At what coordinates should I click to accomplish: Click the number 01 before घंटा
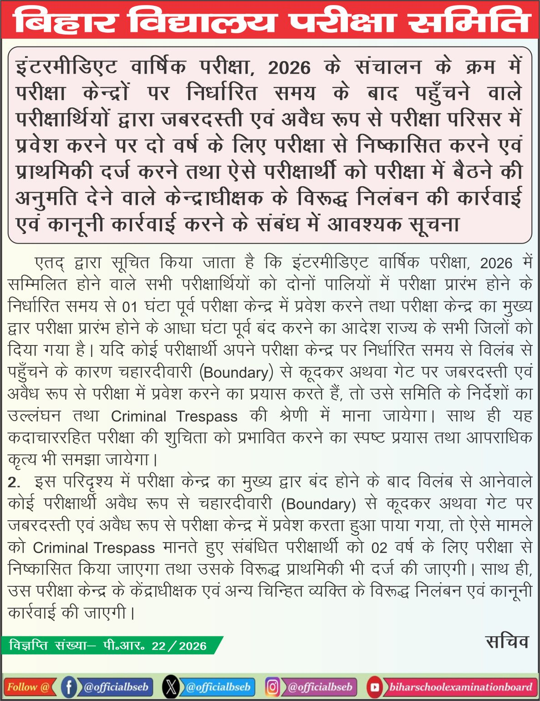(130, 307)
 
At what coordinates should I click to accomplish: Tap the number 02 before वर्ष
(379, 548)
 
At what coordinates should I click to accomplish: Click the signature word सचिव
(507, 641)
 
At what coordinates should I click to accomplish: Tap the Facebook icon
(69, 687)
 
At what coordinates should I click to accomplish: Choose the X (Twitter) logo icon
(171, 687)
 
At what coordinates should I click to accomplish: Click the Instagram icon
(272, 687)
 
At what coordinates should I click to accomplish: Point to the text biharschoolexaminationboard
(460, 687)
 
